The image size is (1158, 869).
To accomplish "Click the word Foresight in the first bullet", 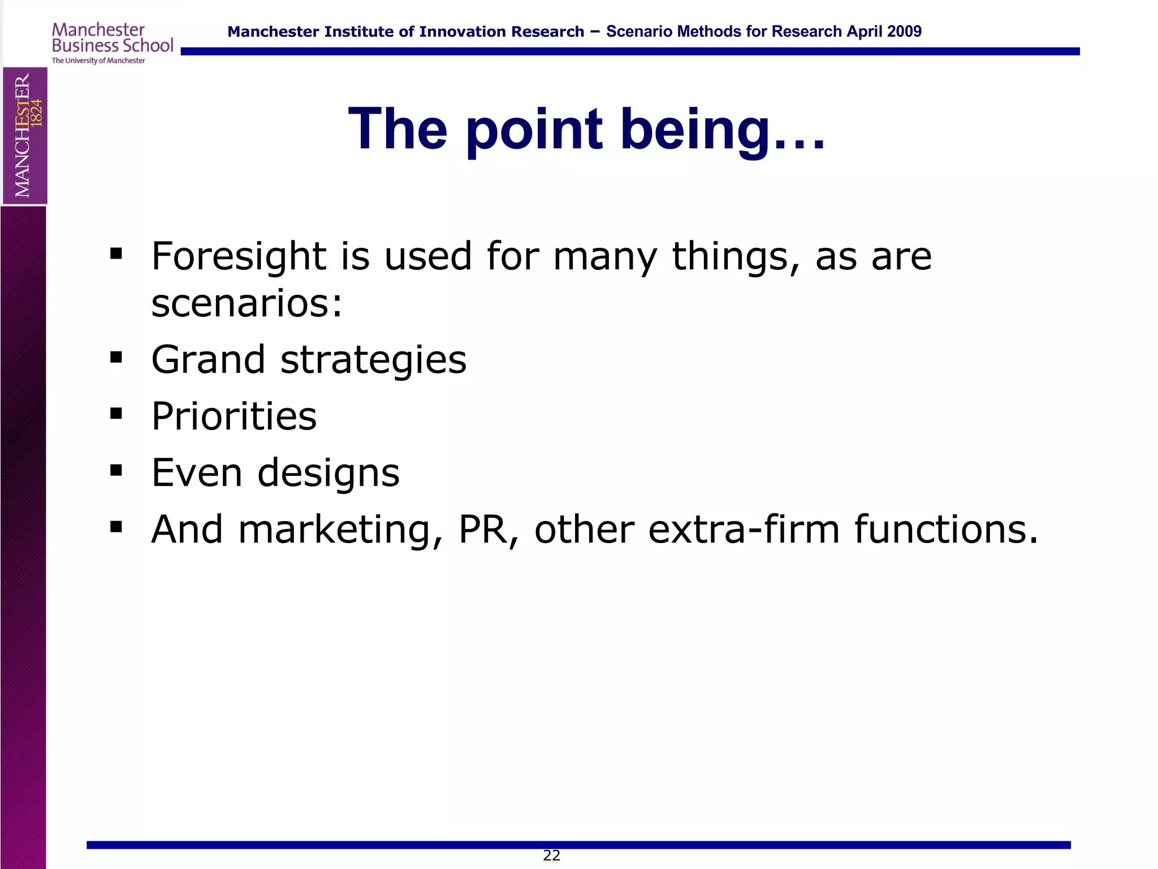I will point(239,256).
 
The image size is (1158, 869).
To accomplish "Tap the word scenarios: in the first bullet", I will point(247,303).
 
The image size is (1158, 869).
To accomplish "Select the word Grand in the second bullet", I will point(208,360).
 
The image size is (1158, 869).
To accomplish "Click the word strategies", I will point(373,361).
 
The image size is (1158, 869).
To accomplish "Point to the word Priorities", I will point(234,416).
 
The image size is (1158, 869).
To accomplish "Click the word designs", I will point(329,474).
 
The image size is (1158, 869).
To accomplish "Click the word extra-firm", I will point(744,530).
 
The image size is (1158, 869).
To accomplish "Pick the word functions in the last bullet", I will point(945,530).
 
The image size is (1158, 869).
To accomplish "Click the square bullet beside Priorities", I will point(116,414).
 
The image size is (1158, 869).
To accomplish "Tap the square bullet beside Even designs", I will point(116,470).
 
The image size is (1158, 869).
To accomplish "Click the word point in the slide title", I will point(534,131).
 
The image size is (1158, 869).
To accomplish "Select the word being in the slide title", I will point(695,131).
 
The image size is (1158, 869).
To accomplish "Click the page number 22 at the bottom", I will point(551,855).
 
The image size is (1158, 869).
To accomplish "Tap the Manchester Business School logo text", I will point(112,38).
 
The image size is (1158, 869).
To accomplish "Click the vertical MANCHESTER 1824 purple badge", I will point(25,136).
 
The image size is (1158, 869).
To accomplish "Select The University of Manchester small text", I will point(98,61).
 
